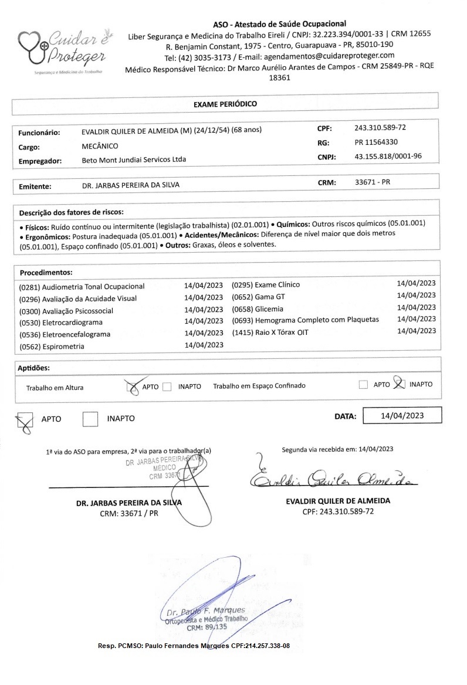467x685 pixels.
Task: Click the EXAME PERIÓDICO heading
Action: coord(225,104)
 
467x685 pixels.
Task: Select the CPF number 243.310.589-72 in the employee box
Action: coord(380,128)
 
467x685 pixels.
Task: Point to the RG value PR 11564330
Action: coord(377,142)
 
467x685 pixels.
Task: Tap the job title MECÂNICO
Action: coord(100,146)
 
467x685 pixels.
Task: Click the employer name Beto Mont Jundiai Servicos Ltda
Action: coord(138,160)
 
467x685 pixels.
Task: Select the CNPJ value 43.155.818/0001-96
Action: coord(388,157)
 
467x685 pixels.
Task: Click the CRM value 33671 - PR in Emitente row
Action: coord(373,182)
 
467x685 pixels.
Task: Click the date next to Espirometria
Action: coord(204,346)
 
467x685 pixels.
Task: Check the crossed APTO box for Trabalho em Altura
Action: coord(133,386)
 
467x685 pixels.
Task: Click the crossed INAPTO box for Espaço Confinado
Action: coord(399,385)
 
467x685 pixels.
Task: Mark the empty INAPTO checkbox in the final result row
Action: coord(90,419)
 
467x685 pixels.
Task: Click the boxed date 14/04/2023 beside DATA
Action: coord(402,416)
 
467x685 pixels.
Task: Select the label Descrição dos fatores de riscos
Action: coord(71,212)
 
